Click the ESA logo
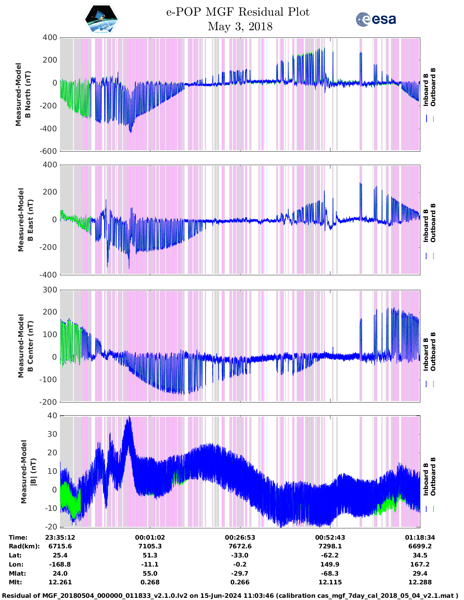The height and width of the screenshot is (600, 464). tap(376, 19)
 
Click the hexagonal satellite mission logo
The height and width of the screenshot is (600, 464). tap(101, 19)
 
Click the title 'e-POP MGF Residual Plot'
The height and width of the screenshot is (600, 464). tap(238, 12)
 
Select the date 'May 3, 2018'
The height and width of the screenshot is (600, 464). tap(240, 27)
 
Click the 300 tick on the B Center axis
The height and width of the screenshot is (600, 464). tap(50, 290)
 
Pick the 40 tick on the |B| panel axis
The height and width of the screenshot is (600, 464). tap(52, 415)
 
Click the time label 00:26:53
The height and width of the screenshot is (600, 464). tap(240, 537)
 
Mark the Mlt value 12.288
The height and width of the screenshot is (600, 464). tap(420, 582)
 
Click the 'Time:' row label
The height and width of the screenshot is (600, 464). tap(18, 537)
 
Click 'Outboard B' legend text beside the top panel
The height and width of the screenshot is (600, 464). tap(433, 87)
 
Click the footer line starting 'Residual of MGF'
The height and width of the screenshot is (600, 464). tap(232, 595)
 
